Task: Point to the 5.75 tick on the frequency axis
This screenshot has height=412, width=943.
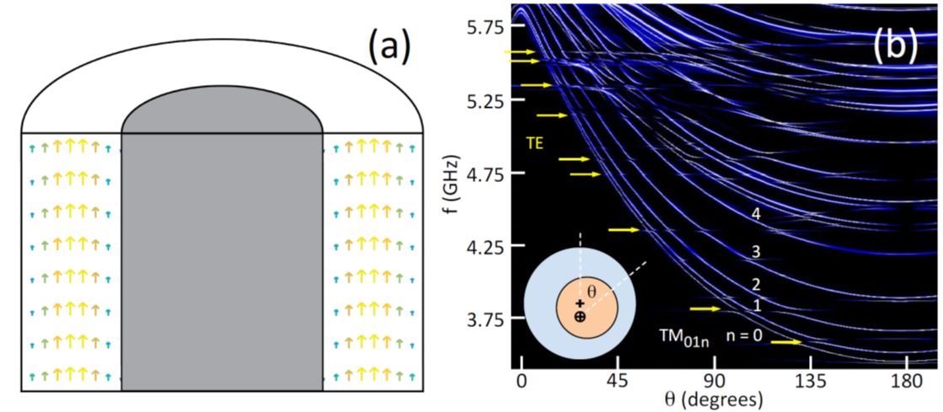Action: pos(483,28)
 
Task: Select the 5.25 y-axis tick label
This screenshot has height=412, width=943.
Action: pos(483,101)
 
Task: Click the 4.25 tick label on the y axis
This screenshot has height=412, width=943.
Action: pos(483,247)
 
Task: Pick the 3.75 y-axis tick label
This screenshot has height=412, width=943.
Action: pos(483,320)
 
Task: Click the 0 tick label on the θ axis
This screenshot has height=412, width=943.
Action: pos(522,381)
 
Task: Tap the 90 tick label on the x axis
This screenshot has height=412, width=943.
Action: pos(715,381)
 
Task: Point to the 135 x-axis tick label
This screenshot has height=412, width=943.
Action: pos(811,381)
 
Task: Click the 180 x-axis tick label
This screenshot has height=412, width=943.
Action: pos(907,381)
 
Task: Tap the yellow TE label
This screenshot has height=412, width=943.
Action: pos(535,143)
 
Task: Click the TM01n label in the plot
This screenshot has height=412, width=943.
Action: pos(683,339)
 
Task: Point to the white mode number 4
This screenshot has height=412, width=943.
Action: pos(756,215)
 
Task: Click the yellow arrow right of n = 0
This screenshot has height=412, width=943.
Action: pos(785,342)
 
